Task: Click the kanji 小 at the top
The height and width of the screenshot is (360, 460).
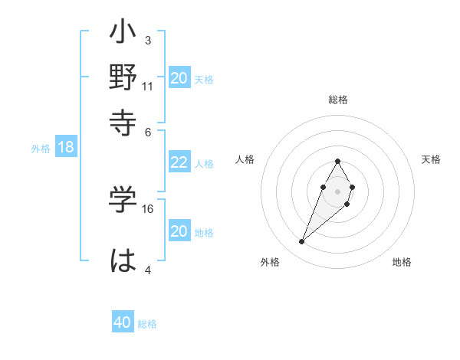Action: click(x=123, y=35)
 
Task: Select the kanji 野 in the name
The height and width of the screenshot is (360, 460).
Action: click(x=123, y=78)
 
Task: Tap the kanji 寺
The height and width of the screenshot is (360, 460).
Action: click(x=123, y=121)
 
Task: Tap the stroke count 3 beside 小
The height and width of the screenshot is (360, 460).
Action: click(x=147, y=40)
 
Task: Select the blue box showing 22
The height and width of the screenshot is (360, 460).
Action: click(x=179, y=162)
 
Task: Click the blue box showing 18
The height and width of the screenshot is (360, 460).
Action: click(x=66, y=148)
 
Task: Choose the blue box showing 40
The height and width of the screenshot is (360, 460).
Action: click(x=123, y=322)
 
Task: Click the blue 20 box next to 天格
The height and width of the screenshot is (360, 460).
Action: click(x=179, y=78)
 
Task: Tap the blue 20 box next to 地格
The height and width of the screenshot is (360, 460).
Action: click(x=179, y=231)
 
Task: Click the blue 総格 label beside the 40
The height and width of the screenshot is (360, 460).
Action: click(x=147, y=324)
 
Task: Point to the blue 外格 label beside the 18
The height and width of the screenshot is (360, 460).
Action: click(x=41, y=149)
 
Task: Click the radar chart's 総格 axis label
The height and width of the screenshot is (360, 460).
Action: click(x=337, y=100)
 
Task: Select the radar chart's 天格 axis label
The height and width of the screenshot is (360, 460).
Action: click(x=431, y=159)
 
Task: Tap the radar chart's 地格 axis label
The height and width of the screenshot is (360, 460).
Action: click(x=402, y=262)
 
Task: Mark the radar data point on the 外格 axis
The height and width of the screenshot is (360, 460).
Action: click(x=302, y=242)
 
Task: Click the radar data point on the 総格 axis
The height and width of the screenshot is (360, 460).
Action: click(x=337, y=161)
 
